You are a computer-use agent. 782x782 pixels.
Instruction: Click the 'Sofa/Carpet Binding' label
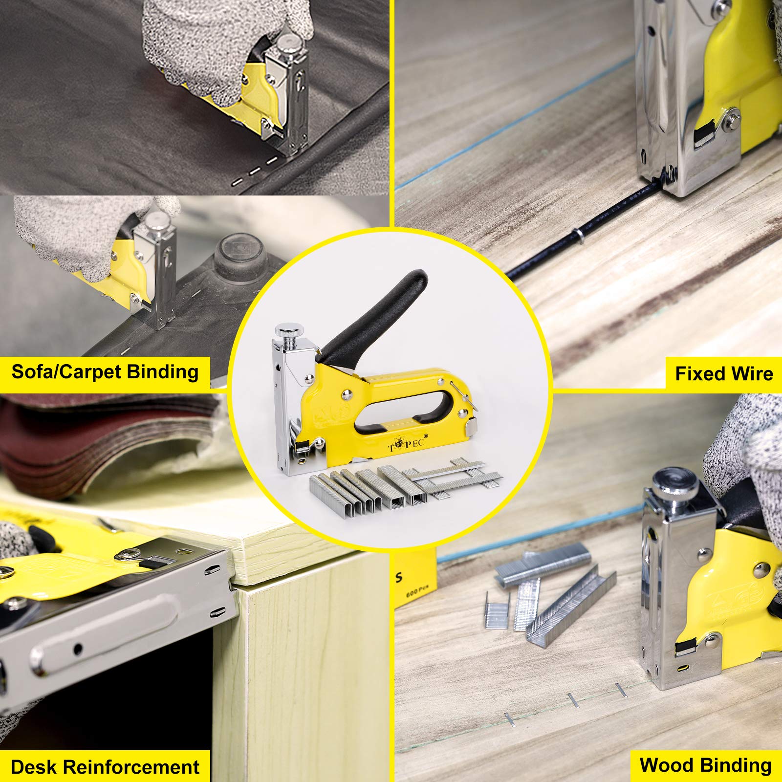coord(105,372)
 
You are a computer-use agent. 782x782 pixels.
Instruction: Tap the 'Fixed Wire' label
coord(724,374)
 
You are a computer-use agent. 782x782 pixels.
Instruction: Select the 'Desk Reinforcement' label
coord(105,767)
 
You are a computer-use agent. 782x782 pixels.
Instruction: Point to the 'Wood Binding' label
coord(705,765)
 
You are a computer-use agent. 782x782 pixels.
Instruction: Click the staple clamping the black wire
coord(578,238)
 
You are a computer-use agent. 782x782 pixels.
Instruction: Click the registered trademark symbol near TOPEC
coord(426,435)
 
